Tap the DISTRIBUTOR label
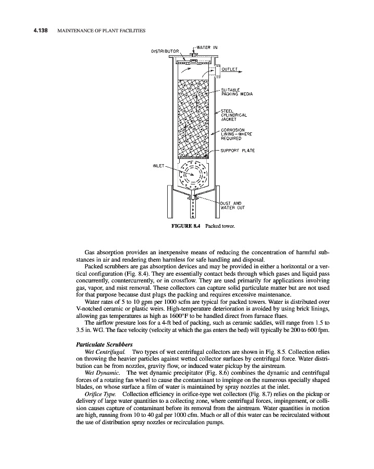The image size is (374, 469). pyautogui.click(x=165, y=52)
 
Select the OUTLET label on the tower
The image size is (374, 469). pyautogui.click(x=230, y=69)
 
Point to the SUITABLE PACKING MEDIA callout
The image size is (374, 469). pyautogui.click(x=236, y=92)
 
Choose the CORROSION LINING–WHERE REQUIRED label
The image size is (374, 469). pyautogui.click(x=236, y=135)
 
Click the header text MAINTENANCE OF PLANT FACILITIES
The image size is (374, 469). pyautogui.click(x=100, y=31)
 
